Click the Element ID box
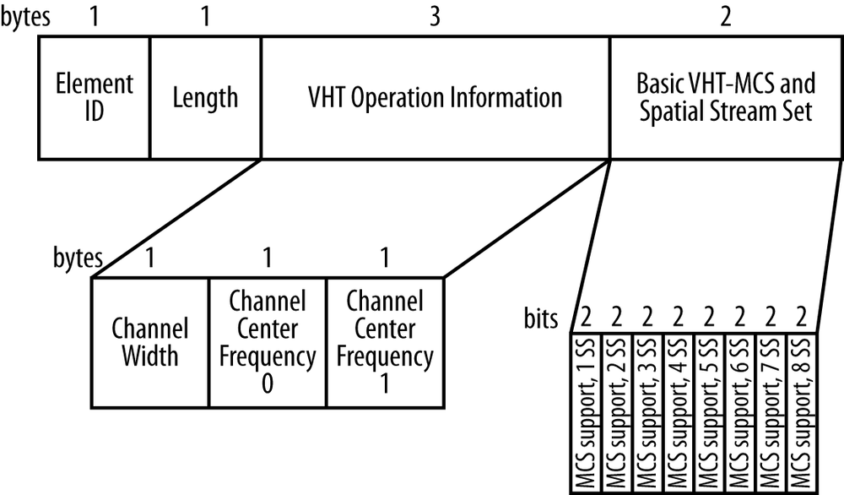click(95, 97)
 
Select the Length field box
click(205, 97)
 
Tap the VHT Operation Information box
click(435, 97)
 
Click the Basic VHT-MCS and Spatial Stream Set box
click(726, 97)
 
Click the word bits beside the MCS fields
click(540, 318)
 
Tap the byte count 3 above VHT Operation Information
click(435, 18)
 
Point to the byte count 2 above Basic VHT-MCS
click(726, 18)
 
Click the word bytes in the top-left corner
click(24, 18)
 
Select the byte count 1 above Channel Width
click(149, 257)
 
